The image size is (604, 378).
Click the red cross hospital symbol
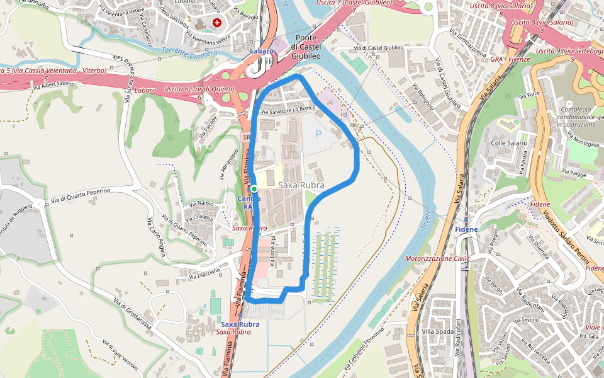point(217,23)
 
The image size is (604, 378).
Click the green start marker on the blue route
point(254,188)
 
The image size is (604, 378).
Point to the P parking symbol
point(318,134)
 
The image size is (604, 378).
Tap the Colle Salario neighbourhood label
point(509,143)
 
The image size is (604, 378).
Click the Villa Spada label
point(438,331)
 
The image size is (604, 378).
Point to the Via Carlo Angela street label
point(156,237)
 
